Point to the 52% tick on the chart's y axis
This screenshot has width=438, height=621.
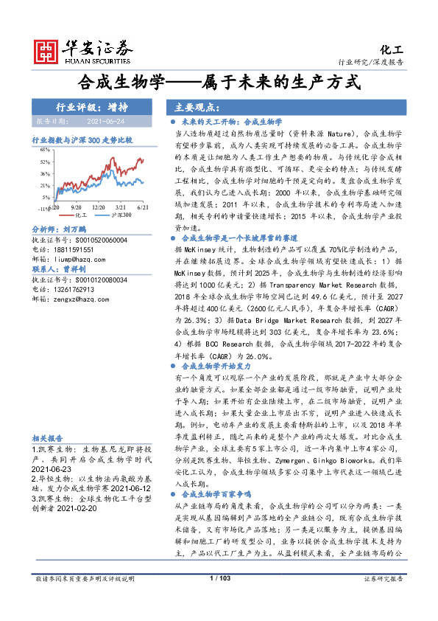point(45,162)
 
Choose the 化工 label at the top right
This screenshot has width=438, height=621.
point(392,49)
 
